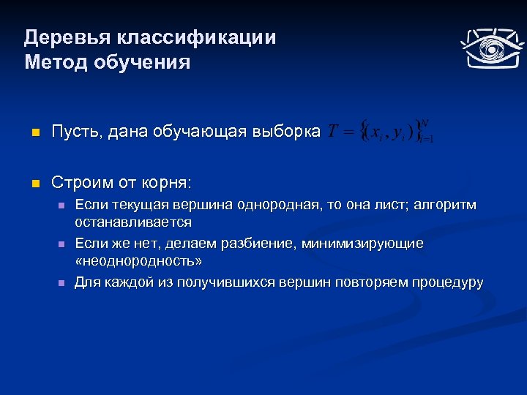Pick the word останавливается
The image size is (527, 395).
[133, 222]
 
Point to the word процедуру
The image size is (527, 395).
[446, 282]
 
